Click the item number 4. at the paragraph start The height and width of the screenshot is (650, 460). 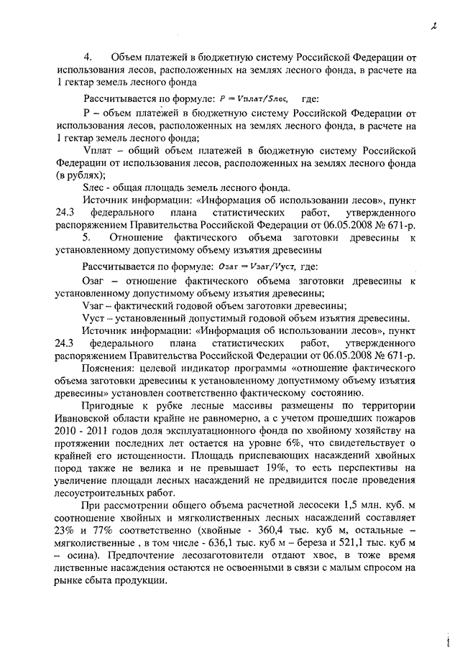click(x=88, y=56)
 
